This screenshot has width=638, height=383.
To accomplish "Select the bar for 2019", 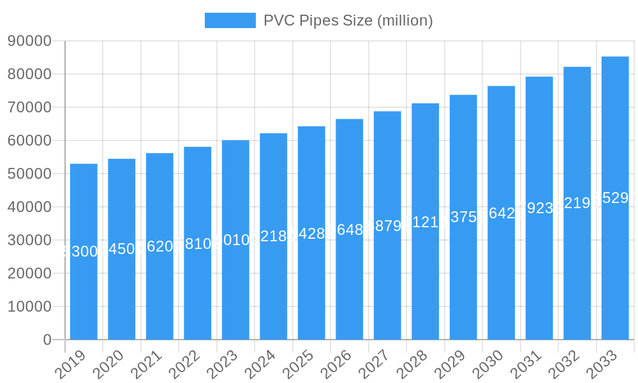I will [x=84, y=252].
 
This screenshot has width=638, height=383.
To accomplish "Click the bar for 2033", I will [x=615, y=198].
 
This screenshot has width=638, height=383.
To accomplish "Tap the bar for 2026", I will [x=350, y=229].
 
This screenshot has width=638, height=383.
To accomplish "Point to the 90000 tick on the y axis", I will [x=30, y=41].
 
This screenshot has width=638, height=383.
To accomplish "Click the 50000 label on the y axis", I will [x=30, y=174].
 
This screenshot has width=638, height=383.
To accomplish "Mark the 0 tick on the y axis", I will [x=47, y=340].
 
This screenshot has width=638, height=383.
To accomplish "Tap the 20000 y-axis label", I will [x=30, y=274].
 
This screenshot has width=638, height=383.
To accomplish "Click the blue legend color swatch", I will [x=230, y=20].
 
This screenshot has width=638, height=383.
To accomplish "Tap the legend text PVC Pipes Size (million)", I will [x=348, y=20].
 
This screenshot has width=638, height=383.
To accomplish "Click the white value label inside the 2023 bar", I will [x=235, y=240].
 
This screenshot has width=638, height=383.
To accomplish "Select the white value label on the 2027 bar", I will [x=387, y=226].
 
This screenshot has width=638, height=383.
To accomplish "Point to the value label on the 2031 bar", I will [x=539, y=208].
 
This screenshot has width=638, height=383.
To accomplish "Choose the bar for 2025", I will [x=311, y=233].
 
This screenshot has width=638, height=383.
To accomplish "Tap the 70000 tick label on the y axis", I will [x=30, y=108].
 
